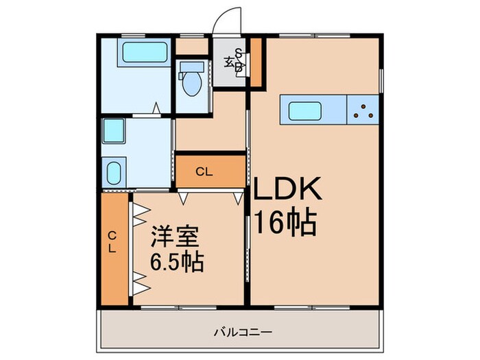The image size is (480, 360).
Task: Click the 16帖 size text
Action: point(285,222)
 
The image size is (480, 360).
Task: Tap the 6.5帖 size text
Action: point(176,263)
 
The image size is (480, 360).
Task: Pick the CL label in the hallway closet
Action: point(204,171)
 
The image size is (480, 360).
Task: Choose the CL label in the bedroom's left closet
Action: point(112,243)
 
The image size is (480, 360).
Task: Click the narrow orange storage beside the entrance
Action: point(255,63)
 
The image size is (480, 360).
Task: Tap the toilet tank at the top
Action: point(191,68)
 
